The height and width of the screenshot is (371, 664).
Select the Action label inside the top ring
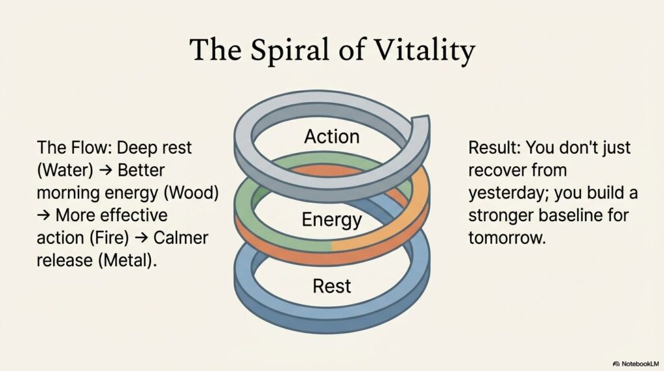pos(331,137)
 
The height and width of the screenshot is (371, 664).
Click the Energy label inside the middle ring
pos(331,219)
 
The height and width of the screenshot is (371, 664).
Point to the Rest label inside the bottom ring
pos(331,285)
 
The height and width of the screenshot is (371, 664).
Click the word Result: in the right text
pos(494,149)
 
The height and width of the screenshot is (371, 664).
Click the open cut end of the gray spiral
pos(420,123)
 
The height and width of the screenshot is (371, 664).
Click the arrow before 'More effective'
pos(44,215)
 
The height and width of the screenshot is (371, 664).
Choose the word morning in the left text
pos(73,193)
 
